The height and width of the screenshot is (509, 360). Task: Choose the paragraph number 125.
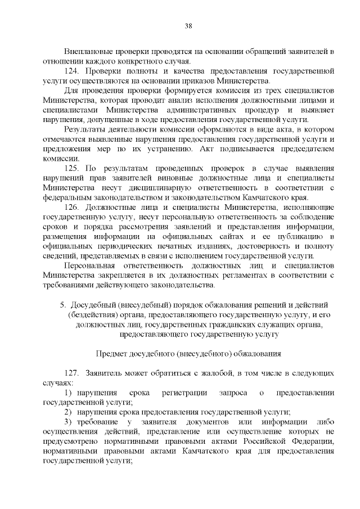(73, 168)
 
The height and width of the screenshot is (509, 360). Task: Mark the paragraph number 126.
(73, 208)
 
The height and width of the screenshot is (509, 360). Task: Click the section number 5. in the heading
(63, 305)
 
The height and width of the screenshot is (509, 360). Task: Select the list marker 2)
(70, 412)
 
